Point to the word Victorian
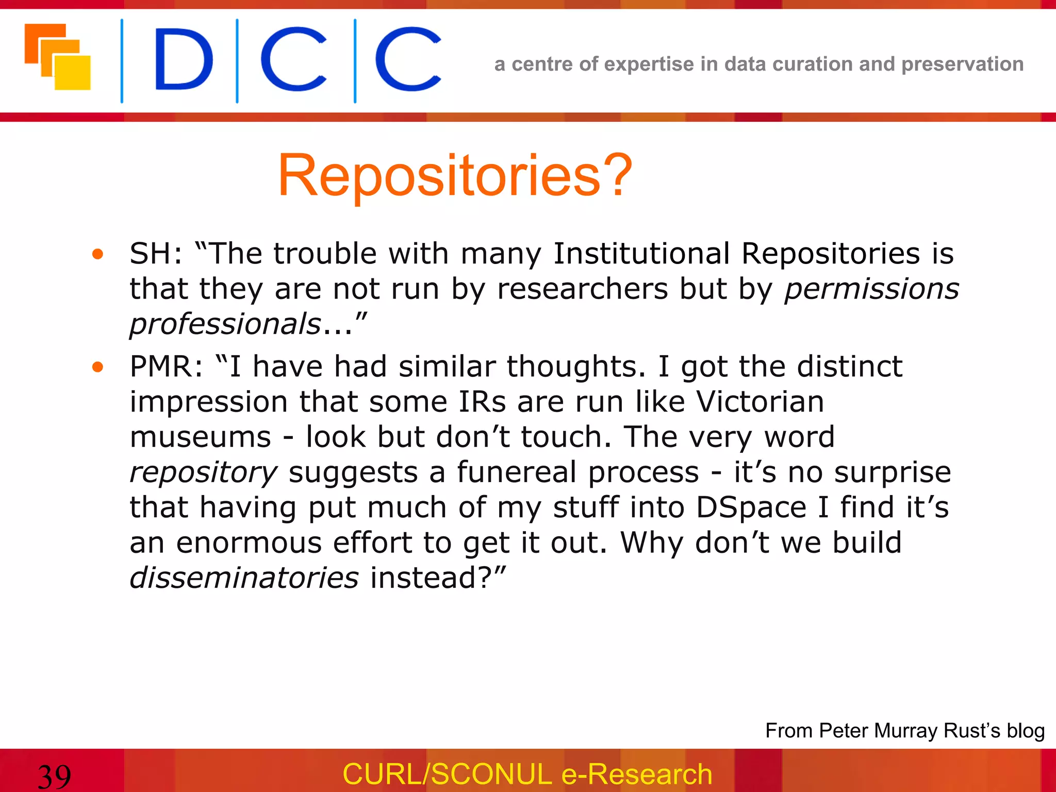760,401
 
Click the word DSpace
751,507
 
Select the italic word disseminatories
244,577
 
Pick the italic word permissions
871,289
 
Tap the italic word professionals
225,324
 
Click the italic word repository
204,473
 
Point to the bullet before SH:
97,254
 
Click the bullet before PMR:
97,367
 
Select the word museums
201,437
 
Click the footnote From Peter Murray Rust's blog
905,731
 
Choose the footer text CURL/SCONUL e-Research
527,774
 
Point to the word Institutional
641,254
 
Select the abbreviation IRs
482,401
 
